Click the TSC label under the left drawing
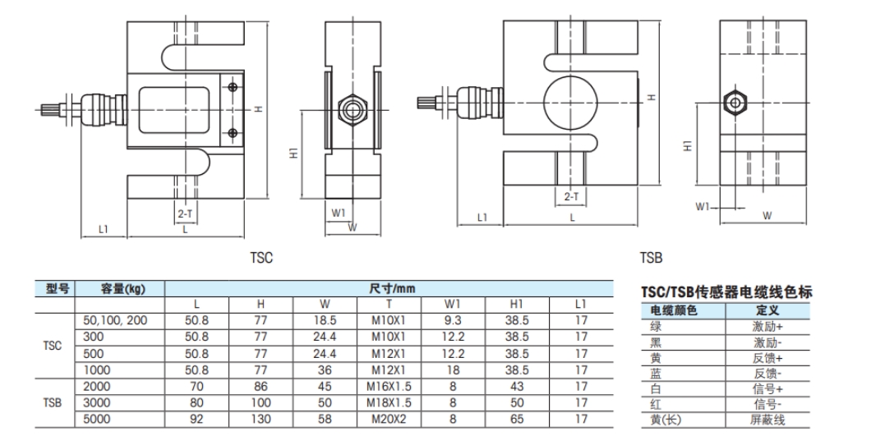coord(261,257)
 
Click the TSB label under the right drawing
coord(650,257)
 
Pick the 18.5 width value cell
coord(325,320)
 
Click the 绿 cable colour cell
coord(656,326)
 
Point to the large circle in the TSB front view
coord(569,101)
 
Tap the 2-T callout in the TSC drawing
coord(185,213)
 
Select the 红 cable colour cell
coord(656,405)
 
